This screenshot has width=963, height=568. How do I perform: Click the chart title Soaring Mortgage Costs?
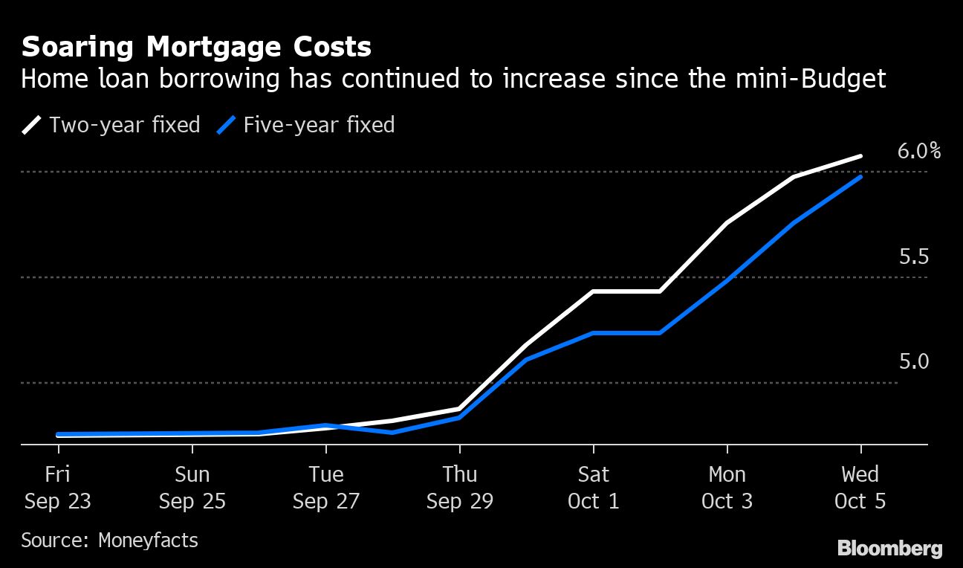click(196, 48)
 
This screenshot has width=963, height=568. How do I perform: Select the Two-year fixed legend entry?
click(111, 124)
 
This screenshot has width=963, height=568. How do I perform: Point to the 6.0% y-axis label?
click(919, 151)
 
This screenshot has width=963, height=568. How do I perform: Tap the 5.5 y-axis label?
click(914, 257)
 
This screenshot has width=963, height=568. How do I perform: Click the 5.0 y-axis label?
click(914, 362)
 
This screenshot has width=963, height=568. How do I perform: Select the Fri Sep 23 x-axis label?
click(58, 488)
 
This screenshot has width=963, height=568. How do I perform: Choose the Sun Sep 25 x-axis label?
click(192, 488)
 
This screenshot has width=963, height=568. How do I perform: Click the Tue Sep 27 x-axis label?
click(325, 488)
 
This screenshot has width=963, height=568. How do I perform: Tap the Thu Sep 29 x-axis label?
click(459, 488)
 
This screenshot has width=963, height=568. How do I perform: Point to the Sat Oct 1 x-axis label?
click(593, 488)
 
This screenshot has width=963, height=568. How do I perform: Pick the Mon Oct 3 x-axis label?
click(727, 488)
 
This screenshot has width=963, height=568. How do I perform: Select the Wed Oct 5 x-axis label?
click(860, 488)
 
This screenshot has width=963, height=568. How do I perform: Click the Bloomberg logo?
click(889, 549)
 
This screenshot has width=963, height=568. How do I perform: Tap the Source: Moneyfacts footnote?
click(109, 540)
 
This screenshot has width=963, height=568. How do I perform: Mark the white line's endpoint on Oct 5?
click(860, 156)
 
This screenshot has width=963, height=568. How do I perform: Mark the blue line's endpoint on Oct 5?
click(860, 177)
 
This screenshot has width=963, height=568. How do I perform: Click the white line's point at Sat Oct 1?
click(593, 291)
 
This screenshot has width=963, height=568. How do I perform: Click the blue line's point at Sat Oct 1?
click(593, 332)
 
